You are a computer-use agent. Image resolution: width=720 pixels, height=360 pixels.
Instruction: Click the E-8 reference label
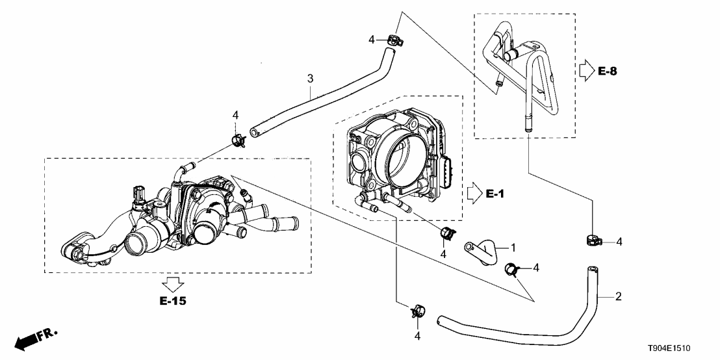pos(607,71)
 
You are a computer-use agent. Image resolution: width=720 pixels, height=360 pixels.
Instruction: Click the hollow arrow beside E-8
pos(586,70)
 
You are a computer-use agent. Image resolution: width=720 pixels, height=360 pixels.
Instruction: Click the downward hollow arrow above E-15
pos(172,283)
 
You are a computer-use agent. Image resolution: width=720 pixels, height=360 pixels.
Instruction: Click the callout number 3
pos(311,79)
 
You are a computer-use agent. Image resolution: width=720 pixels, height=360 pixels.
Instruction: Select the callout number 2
pos(618,297)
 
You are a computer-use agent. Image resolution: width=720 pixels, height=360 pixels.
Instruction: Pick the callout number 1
pos(513,248)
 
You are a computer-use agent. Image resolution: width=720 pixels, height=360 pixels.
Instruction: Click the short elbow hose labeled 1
pos(483,251)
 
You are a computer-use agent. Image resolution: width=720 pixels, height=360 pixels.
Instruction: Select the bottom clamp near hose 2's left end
pos(417,311)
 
